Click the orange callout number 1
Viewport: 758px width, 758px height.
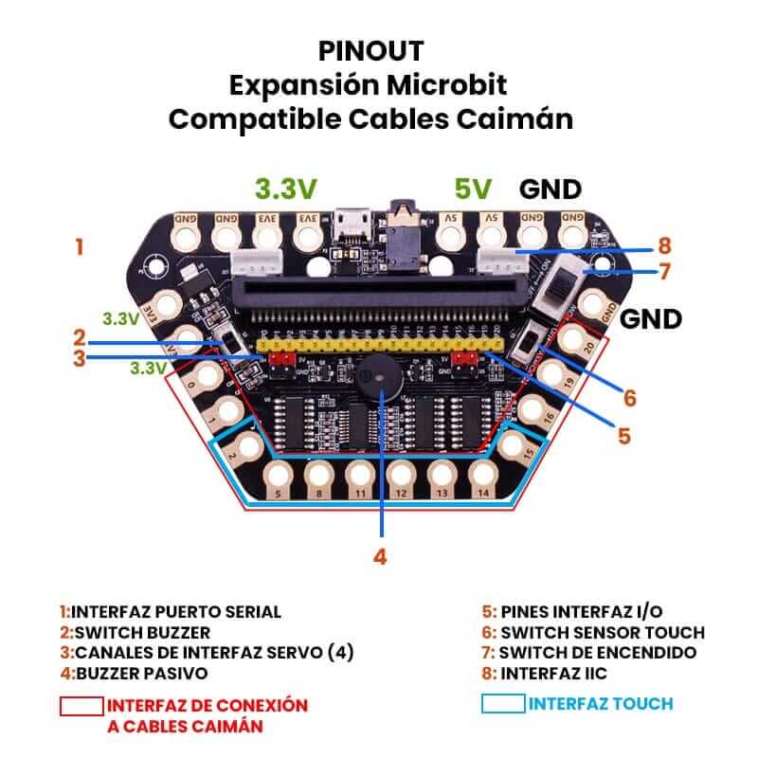80,248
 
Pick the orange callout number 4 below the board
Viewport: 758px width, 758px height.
380,557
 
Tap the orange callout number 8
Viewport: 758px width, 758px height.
664,244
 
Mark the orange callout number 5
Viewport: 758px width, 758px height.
623,436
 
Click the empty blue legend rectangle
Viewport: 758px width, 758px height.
502,704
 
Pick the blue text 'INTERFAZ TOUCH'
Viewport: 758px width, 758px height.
601,704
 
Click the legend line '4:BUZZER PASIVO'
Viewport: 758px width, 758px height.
134,674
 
